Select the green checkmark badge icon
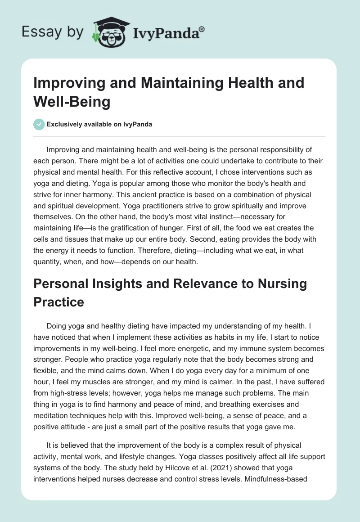coord(39,124)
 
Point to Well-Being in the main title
coord(72,102)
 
